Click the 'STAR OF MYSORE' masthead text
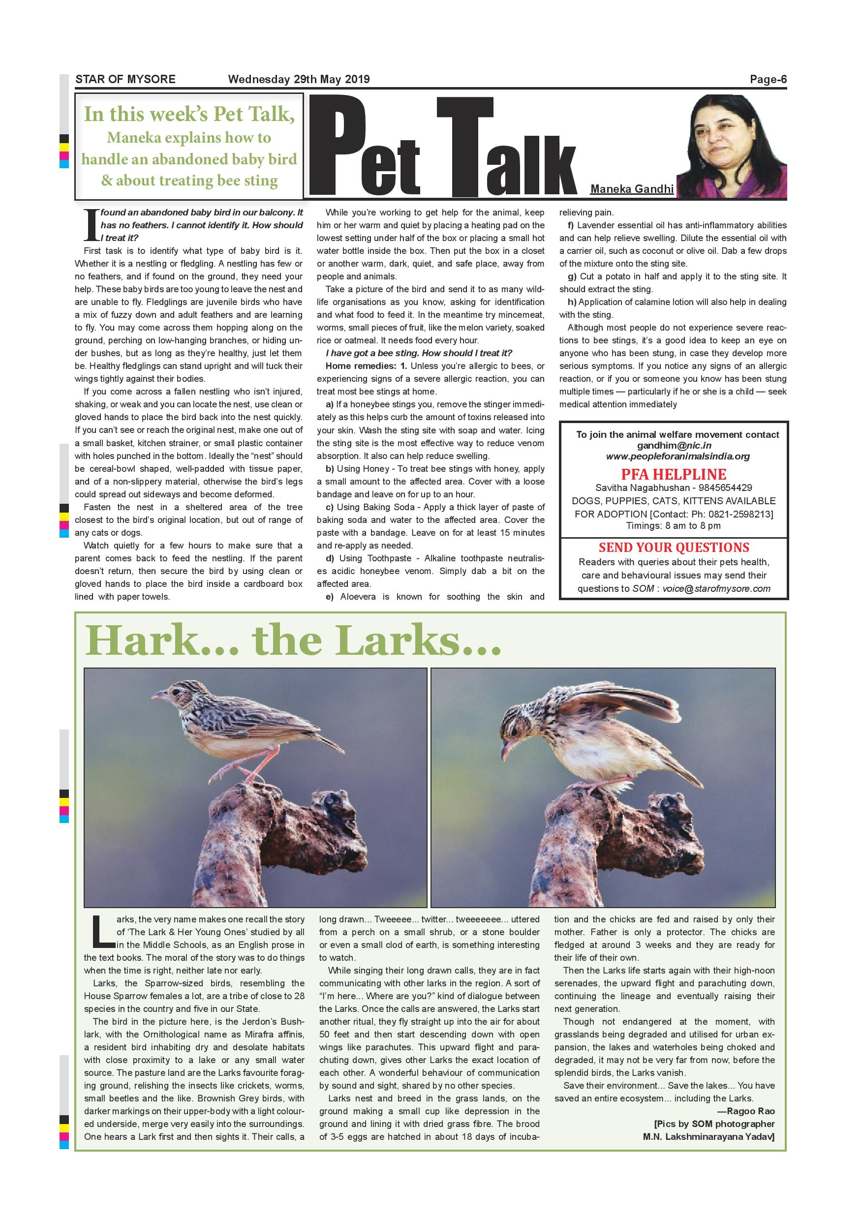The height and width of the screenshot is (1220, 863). pos(125,80)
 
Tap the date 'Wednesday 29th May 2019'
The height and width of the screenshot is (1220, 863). pos(299,80)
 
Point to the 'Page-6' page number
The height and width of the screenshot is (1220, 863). pos(768,80)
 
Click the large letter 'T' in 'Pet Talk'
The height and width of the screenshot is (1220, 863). pos(464,146)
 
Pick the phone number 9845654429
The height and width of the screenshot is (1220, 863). pos(729,488)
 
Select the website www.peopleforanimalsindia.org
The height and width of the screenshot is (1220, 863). pos(678,457)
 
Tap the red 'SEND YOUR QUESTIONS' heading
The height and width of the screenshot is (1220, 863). pos(674,548)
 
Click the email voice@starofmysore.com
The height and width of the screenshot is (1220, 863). pos(716,588)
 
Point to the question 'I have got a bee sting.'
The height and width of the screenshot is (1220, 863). pos(372,353)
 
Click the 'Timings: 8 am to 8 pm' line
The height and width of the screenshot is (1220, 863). pos(673,525)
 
